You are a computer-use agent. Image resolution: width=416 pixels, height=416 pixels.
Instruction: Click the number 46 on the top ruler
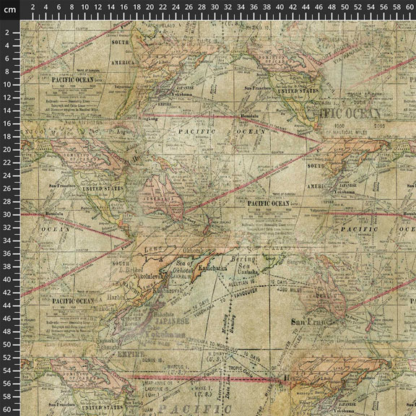tap(319, 6)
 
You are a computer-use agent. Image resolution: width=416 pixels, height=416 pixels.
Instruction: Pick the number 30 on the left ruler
tap(6, 215)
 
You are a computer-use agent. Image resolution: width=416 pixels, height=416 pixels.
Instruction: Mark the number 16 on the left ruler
tap(6, 124)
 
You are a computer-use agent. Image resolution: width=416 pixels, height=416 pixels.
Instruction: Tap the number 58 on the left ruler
tap(6, 397)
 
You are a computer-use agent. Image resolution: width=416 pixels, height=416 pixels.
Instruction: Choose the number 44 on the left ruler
tap(6, 306)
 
